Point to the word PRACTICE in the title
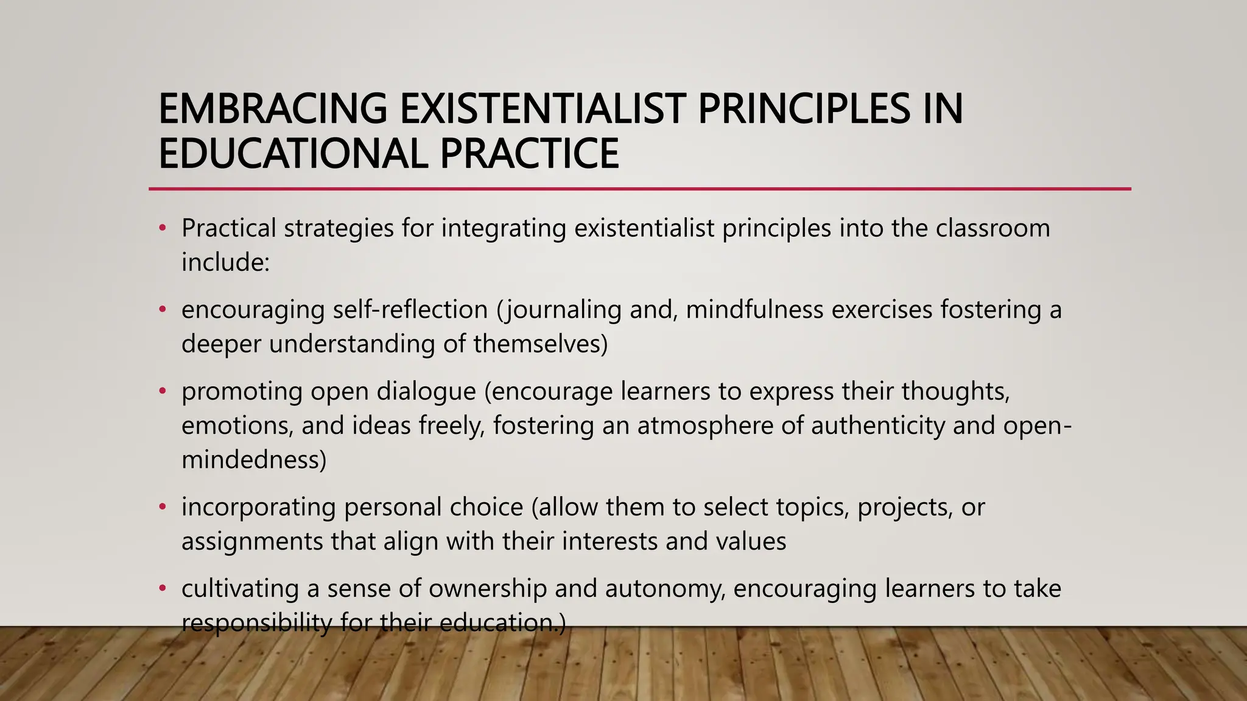[529, 153]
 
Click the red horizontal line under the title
[639, 189]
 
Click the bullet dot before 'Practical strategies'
[162, 229]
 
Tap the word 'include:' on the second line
[225, 263]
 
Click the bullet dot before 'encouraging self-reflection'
[162, 310]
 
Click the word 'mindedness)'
[254, 459]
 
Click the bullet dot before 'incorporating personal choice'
[162, 507]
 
